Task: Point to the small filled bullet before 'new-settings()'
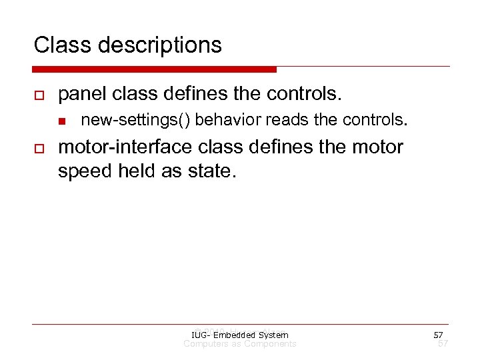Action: (61, 121)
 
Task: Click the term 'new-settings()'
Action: (135, 121)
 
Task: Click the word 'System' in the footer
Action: (273, 335)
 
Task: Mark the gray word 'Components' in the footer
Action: (270, 343)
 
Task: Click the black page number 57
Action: (438, 335)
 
